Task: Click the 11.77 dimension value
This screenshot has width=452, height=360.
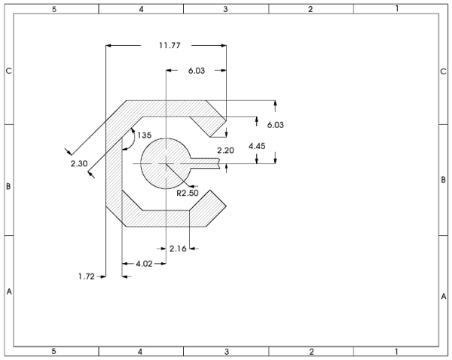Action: pyautogui.click(x=169, y=45)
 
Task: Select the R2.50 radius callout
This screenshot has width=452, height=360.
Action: pyautogui.click(x=188, y=193)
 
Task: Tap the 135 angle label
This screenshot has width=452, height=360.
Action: pyautogui.click(x=144, y=135)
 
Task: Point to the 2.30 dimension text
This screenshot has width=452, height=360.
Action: pyautogui.click(x=79, y=163)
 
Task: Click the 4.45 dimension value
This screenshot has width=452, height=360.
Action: pyautogui.click(x=257, y=146)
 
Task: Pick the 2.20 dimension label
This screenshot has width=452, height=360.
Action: pyautogui.click(x=225, y=151)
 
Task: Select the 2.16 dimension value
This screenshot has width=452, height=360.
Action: pyautogui.click(x=178, y=249)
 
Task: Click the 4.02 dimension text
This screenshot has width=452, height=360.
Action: pyautogui.click(x=144, y=264)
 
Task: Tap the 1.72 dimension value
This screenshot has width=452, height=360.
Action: pyautogui.click(x=87, y=276)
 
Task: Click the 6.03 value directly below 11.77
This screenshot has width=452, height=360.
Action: pyautogui.click(x=197, y=71)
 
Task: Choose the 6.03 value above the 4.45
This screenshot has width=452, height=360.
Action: pyautogui.click(x=275, y=125)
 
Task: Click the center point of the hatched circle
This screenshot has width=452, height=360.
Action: pyautogui.click(x=166, y=164)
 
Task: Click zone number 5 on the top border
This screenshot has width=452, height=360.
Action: pyautogui.click(x=54, y=9)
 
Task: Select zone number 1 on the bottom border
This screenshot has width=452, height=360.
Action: pyautogui.click(x=396, y=352)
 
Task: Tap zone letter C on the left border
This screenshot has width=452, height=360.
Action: pyautogui.click(x=9, y=71)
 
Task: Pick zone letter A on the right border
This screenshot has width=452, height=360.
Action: pyautogui.click(x=444, y=296)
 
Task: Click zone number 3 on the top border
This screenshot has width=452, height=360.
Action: pyautogui.click(x=226, y=9)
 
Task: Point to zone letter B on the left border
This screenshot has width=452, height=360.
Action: pyautogui.click(x=8, y=187)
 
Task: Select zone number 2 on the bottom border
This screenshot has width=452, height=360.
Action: pyautogui.click(x=311, y=352)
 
